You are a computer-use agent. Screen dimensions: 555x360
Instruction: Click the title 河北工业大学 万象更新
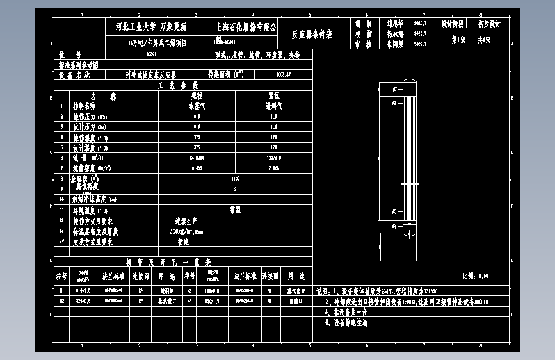point(146,28)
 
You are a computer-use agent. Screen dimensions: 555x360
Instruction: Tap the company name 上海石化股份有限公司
point(246,28)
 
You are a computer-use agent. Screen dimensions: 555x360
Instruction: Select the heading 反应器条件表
point(312,35)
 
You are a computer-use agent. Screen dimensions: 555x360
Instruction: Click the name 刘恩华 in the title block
point(391,23)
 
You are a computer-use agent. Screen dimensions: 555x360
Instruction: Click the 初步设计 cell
point(489,23)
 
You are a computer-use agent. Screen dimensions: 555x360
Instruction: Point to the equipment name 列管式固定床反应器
point(150,75)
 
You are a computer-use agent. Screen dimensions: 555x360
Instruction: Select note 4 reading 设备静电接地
point(351,323)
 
